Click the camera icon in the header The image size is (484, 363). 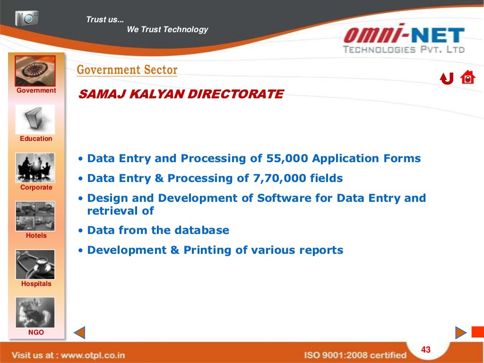pyautogui.click(x=26, y=18)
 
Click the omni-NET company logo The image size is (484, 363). pyautogui.click(x=404, y=40)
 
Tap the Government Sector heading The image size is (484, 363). pyautogui.click(x=127, y=70)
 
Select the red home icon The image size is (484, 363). pyautogui.click(x=467, y=78)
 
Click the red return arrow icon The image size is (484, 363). pyautogui.click(x=447, y=78)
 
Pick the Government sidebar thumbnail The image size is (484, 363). pyautogui.click(x=35, y=71)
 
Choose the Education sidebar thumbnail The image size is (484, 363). pyautogui.click(x=35, y=120)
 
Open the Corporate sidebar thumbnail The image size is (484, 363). pyautogui.click(x=35, y=168)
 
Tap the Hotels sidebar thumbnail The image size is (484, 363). pyautogui.click(x=35, y=216)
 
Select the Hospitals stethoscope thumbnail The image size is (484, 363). pyautogui.click(x=35, y=264)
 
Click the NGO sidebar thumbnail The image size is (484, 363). pyautogui.click(x=35, y=312)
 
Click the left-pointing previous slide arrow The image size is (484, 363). pyautogui.click(x=79, y=333)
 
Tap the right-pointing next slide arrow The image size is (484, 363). pyautogui.click(x=461, y=333)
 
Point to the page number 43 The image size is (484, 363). pyautogui.click(x=426, y=350)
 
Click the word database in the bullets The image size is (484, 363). pyautogui.click(x=202, y=231)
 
